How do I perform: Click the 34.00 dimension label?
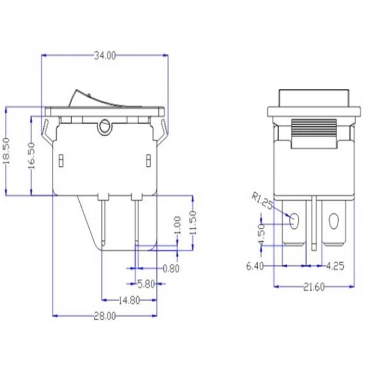(105, 56)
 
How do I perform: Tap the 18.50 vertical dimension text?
(6, 151)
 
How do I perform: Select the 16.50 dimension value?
(32, 155)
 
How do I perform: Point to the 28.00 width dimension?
(105, 316)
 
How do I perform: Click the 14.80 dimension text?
(129, 301)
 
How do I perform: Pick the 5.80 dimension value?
(146, 284)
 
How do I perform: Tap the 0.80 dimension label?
(171, 268)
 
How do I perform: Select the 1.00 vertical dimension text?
(177, 225)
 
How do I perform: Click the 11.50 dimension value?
(194, 223)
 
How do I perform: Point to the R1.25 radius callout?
(262, 201)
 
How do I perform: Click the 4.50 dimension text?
(262, 235)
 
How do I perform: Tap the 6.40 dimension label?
(255, 266)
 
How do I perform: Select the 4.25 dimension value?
(335, 266)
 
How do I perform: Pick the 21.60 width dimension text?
(314, 287)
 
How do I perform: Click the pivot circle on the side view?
(104, 126)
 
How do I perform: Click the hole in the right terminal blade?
(334, 221)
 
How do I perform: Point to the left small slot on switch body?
(61, 161)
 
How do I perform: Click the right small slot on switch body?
(148, 161)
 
